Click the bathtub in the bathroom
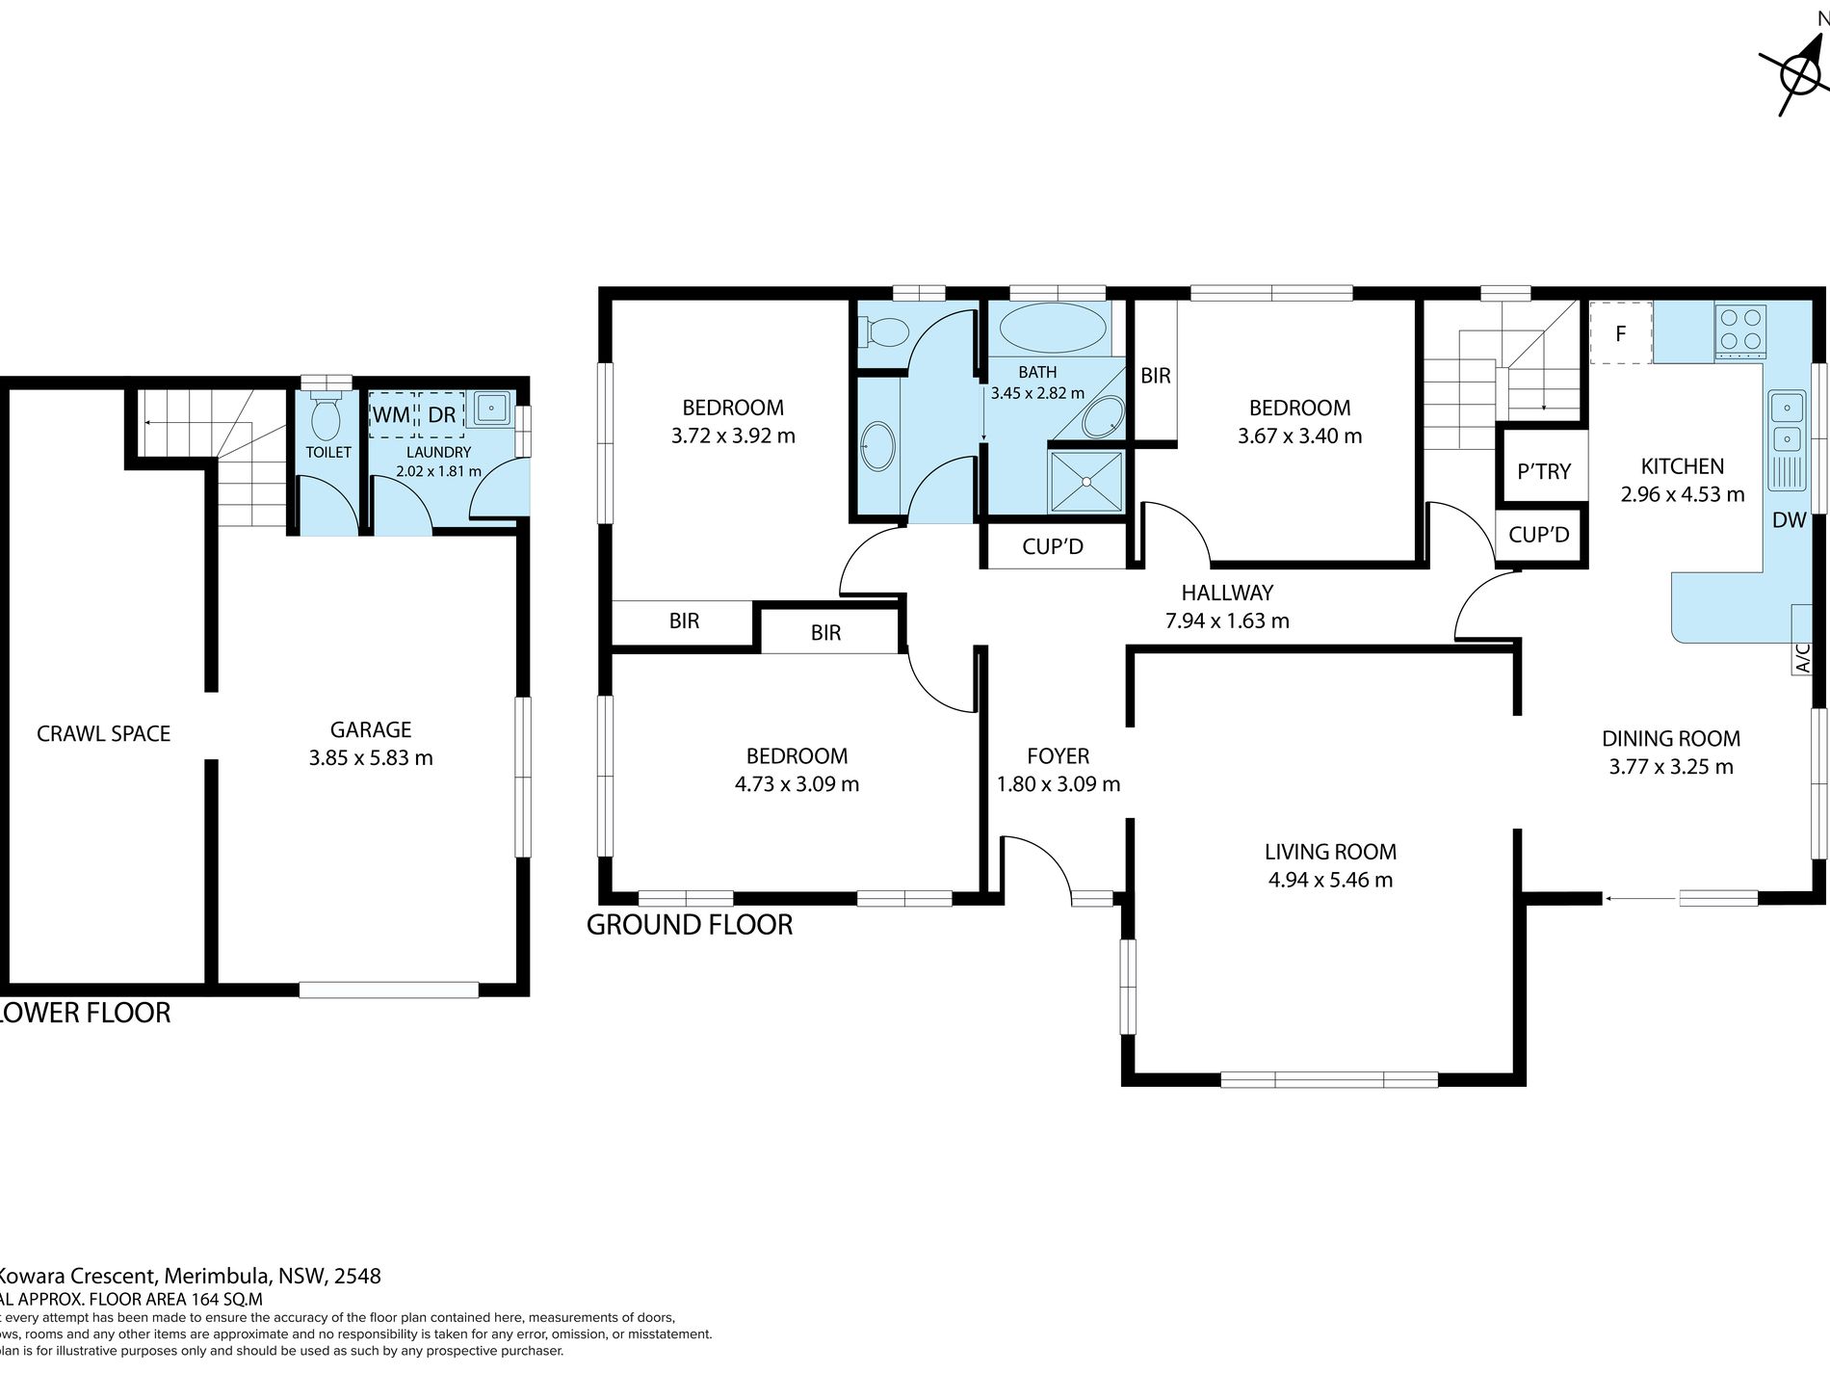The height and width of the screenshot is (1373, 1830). tap(1051, 328)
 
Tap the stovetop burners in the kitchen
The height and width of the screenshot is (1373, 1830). tap(1739, 329)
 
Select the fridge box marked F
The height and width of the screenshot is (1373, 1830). tap(1621, 333)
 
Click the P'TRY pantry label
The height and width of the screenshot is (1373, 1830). tap(1544, 471)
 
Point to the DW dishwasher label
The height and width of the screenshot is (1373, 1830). tap(1789, 520)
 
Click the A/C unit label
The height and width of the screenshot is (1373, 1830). tap(1803, 657)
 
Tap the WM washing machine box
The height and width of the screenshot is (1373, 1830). tap(391, 414)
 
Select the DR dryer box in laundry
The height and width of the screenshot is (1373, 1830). tap(442, 414)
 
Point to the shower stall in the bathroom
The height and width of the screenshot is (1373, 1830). tap(1086, 482)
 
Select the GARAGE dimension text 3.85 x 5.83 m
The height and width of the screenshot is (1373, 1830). tap(371, 758)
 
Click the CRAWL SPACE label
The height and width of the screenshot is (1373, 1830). tap(103, 733)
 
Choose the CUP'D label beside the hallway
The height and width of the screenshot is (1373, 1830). tap(1053, 547)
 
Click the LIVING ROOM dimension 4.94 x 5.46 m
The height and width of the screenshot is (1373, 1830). tap(1330, 880)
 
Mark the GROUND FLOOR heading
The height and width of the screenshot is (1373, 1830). tap(690, 925)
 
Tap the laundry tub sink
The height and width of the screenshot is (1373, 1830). tap(492, 409)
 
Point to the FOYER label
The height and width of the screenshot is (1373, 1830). tap(1058, 756)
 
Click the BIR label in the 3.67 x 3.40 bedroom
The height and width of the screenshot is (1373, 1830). tap(1155, 376)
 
